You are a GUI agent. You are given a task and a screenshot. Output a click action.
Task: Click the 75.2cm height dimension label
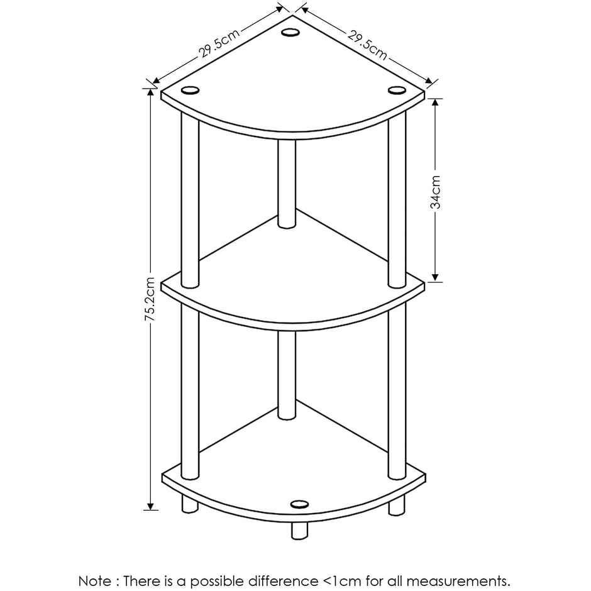150,299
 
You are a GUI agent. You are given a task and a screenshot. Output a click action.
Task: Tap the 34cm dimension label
435,191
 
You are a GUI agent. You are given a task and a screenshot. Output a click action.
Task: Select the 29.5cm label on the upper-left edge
219,43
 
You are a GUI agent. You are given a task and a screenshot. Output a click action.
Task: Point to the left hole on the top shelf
190,91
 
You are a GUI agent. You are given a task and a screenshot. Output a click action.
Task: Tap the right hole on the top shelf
397,91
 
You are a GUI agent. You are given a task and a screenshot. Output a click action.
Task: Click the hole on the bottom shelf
300,504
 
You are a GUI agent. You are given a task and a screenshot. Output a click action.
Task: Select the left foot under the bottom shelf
190,504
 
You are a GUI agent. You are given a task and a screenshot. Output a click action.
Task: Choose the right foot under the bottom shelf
397,505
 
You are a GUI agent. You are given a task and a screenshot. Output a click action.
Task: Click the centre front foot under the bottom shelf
300,530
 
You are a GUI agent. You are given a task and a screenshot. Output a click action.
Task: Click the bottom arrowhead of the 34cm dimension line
435,277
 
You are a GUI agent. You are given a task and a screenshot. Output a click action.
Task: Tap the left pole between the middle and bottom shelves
190,392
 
